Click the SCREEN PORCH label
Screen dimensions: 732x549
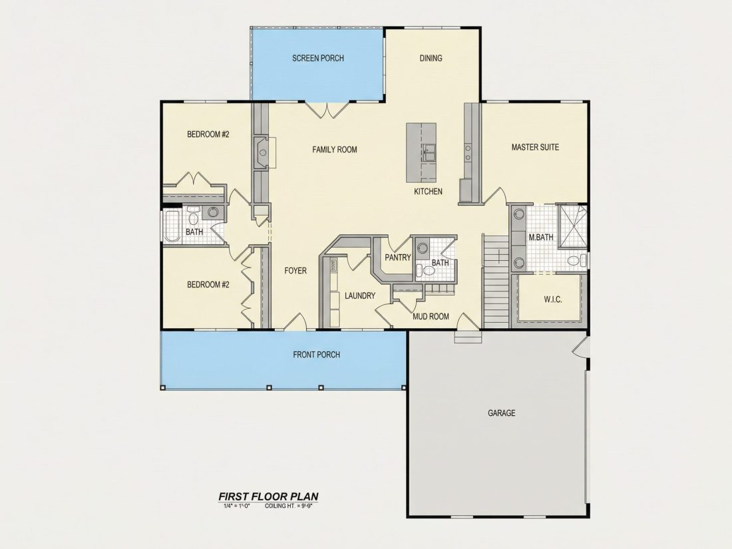(x=318, y=59)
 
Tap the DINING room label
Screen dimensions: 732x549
(x=431, y=59)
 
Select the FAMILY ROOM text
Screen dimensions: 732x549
(x=334, y=150)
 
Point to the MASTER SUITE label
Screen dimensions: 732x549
(x=535, y=148)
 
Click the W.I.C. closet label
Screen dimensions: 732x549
(x=553, y=299)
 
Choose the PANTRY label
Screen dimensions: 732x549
(x=398, y=258)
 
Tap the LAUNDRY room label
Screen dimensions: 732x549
(x=360, y=296)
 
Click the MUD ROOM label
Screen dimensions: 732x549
(x=431, y=317)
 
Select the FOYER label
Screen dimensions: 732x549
(x=295, y=271)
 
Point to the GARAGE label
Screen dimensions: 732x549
(x=501, y=413)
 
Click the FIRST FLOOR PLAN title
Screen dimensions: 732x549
(x=268, y=496)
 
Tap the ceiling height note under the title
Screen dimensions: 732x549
(x=288, y=506)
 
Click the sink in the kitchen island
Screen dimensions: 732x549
(x=429, y=152)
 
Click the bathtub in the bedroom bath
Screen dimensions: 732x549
(x=172, y=226)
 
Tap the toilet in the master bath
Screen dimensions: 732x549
(x=576, y=260)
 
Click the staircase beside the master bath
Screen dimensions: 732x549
(x=495, y=281)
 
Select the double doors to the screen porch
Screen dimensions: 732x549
(x=327, y=110)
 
